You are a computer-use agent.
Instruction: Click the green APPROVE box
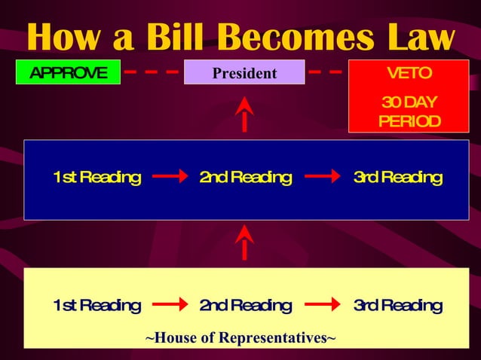coord(69,73)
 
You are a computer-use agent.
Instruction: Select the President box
coord(244,73)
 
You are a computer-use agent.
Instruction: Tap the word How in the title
coord(63,38)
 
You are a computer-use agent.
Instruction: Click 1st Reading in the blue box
coord(97,178)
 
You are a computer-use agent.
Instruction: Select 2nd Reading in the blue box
coord(245,178)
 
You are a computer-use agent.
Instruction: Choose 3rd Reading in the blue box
coord(397,178)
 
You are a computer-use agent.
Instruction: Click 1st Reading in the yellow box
coord(97,306)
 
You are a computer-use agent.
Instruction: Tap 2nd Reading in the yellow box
coord(245,306)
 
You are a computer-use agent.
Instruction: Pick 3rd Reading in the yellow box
coord(397,306)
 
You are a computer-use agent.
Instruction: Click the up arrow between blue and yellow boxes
coord(244,242)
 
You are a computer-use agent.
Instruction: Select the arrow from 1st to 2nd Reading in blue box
coord(170,178)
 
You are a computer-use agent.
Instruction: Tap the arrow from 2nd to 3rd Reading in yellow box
coord(323,307)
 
